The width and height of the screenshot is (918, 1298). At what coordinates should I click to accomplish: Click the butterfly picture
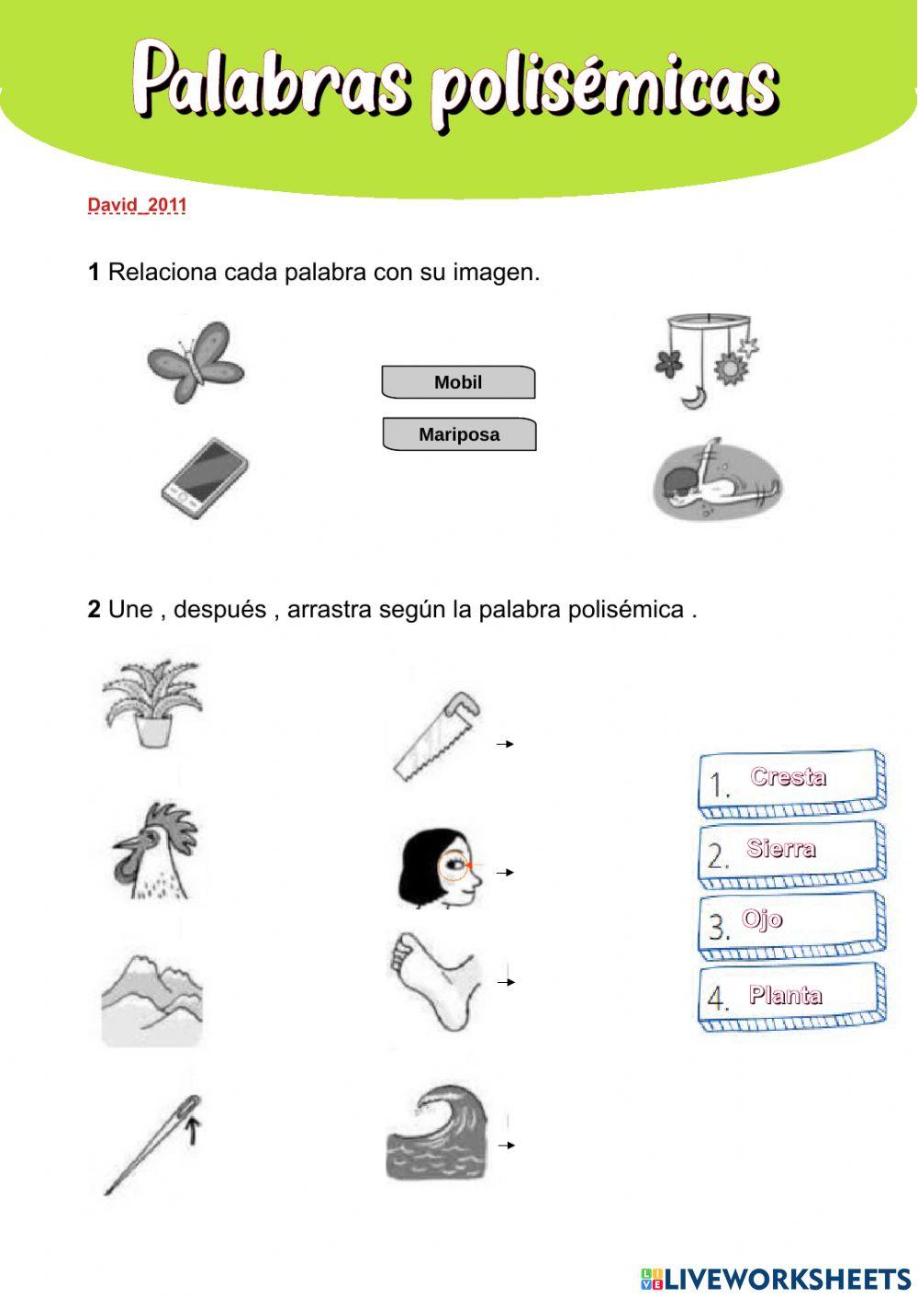[x=196, y=363]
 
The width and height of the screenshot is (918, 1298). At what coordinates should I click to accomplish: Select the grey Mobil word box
[x=458, y=382]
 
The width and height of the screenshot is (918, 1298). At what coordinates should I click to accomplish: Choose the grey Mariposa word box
[x=459, y=435]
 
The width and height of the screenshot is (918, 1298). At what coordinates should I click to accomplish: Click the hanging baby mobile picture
[x=705, y=360]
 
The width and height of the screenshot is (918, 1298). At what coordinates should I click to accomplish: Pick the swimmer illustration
[x=717, y=480]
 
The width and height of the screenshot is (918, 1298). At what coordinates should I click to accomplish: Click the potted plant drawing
[x=152, y=703]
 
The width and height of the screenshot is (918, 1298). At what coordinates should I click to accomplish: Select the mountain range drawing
[x=151, y=999]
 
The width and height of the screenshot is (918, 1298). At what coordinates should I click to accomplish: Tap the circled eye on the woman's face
[x=453, y=865]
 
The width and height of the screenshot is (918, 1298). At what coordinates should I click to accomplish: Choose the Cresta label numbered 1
[x=791, y=783]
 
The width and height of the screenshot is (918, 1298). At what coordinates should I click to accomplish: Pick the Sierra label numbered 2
[x=791, y=853]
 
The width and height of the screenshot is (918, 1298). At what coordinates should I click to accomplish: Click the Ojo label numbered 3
[x=791, y=924]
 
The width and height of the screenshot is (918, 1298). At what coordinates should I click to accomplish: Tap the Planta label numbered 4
[x=791, y=997]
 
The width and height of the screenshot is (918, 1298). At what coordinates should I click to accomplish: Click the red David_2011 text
[x=137, y=205]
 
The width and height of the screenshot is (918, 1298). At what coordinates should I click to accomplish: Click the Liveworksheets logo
[x=776, y=1278]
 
